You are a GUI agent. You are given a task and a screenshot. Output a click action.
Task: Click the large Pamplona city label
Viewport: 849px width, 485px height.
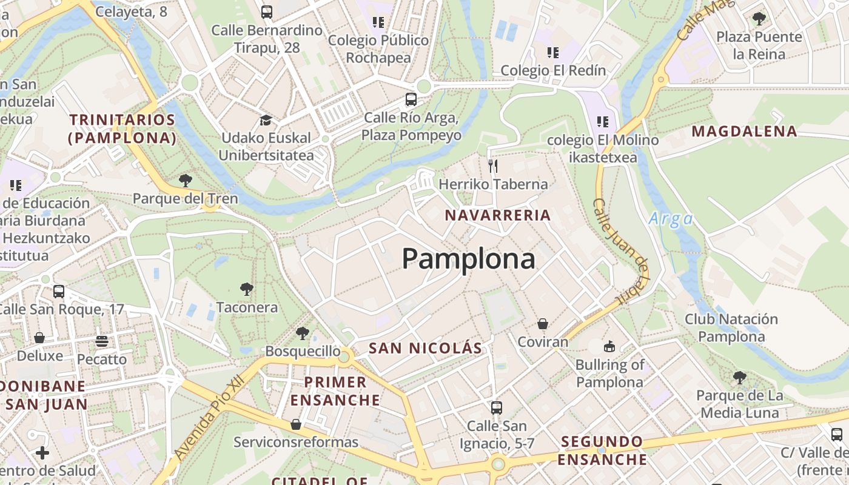[468, 259]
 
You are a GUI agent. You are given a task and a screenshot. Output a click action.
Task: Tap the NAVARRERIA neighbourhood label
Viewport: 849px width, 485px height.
[498, 215]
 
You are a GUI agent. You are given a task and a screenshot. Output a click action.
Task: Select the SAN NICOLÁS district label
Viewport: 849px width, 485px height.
[426, 348]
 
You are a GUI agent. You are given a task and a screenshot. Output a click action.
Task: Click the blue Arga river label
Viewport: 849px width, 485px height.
[670, 219]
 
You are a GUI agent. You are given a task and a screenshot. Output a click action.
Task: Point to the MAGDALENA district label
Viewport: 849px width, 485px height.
[744, 131]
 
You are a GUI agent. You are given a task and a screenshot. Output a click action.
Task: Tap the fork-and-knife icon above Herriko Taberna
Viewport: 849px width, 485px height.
[493, 166]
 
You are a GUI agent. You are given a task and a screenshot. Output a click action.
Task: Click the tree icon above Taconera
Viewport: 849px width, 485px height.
[246, 289]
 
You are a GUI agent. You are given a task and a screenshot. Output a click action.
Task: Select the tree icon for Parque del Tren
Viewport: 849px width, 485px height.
[186, 180]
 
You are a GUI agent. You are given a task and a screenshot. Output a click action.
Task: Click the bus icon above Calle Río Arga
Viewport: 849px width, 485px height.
[411, 99]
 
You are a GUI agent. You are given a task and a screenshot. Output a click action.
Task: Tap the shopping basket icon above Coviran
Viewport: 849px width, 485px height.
[543, 324]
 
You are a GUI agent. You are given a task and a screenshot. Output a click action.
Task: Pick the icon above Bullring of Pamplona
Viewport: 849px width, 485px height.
[609, 346]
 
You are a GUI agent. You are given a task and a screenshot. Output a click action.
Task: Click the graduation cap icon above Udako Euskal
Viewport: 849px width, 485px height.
[265, 119]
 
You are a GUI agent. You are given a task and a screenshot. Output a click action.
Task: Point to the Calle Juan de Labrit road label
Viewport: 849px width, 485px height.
[622, 252]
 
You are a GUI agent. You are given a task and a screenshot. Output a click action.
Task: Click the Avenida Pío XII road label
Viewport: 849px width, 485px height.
[208, 417]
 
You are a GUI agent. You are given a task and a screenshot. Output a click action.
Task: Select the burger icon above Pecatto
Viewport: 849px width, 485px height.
[101, 341]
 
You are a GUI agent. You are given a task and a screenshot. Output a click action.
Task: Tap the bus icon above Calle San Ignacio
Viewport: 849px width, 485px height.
[497, 407]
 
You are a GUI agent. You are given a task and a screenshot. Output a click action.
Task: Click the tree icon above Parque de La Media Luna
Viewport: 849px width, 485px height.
[739, 378]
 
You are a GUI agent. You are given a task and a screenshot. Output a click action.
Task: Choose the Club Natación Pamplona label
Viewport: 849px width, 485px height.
[731, 327]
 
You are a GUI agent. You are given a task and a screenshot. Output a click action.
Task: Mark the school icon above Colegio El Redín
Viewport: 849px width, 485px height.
[552, 53]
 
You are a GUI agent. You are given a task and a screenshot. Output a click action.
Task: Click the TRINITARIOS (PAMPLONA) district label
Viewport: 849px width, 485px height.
[122, 129]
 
